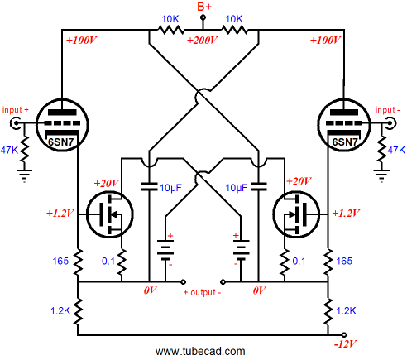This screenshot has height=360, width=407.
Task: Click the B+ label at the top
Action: (x=204, y=7)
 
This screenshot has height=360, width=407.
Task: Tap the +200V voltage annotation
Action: (x=202, y=41)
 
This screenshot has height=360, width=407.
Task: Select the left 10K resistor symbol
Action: (x=171, y=29)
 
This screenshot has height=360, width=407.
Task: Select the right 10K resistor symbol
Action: (x=234, y=29)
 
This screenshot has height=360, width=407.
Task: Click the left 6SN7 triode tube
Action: (x=62, y=125)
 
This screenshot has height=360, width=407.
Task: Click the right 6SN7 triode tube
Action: (x=344, y=125)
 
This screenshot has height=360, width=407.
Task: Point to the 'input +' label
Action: (x=15, y=110)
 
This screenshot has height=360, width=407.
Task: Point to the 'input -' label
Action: (x=387, y=110)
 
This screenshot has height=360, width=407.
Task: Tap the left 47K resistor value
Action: (x=9, y=151)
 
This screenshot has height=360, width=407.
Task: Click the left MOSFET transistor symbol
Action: (x=110, y=214)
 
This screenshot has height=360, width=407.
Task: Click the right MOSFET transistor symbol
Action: (x=296, y=214)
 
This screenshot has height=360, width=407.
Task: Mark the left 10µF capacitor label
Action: (x=170, y=188)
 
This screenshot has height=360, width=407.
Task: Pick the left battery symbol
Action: (x=165, y=251)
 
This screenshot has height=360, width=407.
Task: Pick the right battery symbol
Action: (x=241, y=251)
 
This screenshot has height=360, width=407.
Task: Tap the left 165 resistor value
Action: (x=60, y=261)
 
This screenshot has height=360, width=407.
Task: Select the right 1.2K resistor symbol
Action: (x=328, y=311)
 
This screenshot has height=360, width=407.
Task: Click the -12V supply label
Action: (x=345, y=344)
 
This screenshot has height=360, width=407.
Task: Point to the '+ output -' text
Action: (x=203, y=292)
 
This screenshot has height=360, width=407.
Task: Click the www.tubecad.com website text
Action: (x=200, y=352)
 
